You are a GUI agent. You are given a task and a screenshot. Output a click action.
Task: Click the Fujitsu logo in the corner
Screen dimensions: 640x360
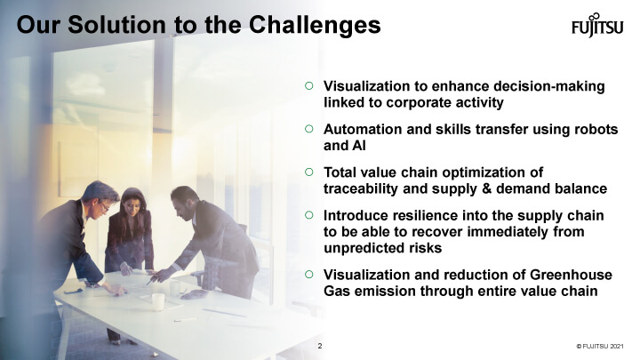click(x=597, y=25)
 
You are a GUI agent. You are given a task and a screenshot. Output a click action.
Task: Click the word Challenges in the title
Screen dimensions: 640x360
click(x=315, y=25)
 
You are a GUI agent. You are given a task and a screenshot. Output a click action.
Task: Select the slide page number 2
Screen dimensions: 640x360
click(x=320, y=346)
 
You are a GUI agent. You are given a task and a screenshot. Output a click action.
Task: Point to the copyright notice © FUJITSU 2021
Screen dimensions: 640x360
click(x=600, y=346)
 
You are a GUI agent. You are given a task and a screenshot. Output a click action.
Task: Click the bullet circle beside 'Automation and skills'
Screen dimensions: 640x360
click(x=309, y=129)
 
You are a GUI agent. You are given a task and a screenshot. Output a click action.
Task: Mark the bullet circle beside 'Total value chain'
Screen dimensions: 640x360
click(x=309, y=172)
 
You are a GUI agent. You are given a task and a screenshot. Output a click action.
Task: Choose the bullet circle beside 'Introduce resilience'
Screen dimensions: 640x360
click(x=309, y=215)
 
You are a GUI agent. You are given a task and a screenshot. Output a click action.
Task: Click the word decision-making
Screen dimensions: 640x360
click(x=549, y=86)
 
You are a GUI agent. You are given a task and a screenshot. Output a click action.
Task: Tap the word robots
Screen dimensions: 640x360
click(x=596, y=129)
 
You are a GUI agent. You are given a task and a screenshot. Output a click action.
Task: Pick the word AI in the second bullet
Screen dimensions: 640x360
click(x=359, y=145)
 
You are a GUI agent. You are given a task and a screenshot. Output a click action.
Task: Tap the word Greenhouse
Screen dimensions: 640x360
click(x=571, y=275)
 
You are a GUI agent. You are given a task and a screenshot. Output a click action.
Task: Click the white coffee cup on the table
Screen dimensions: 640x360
click(x=158, y=302)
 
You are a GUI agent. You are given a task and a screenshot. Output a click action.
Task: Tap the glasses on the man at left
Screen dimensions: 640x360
click(x=104, y=206)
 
